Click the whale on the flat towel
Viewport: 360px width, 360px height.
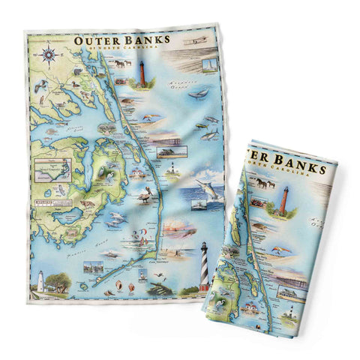click(199, 93)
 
